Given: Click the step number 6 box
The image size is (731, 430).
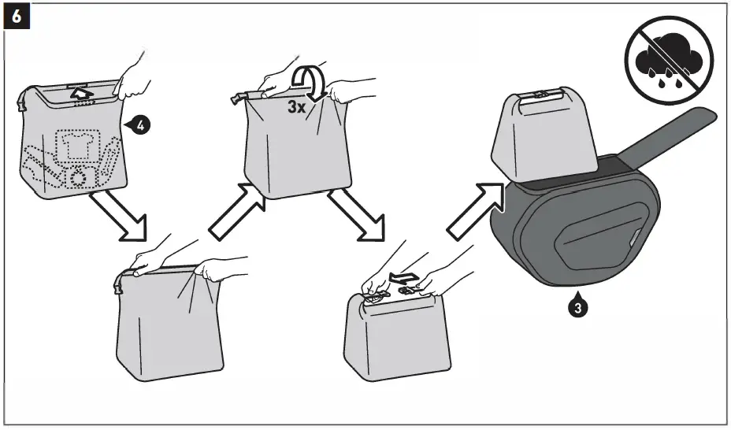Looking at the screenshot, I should [x=15, y=16].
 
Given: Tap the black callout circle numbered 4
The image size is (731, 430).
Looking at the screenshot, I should [x=139, y=125].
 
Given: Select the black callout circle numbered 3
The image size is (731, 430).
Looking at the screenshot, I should [x=578, y=309].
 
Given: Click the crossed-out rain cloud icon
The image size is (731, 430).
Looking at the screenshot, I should [x=663, y=58].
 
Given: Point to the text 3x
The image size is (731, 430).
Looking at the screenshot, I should [x=296, y=107].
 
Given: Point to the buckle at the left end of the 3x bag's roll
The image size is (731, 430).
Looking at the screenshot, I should [x=237, y=98].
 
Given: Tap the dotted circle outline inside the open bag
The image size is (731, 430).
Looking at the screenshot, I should [x=79, y=177].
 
